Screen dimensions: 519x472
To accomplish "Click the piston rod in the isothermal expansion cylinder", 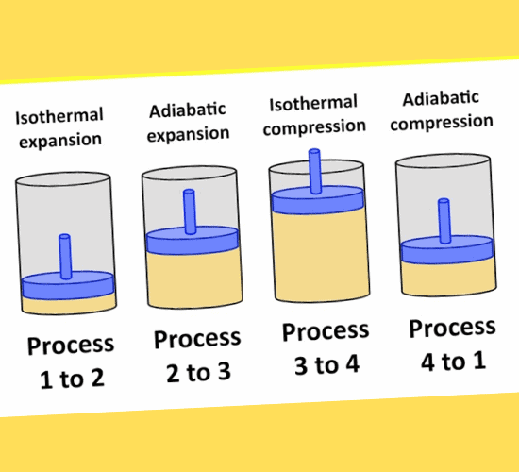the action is [x=65, y=257].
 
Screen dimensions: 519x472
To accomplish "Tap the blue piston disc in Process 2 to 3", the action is [x=193, y=241].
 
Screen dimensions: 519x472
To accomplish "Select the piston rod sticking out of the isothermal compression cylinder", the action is [x=314, y=171].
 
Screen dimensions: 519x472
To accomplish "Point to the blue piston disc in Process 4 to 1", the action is [x=447, y=250].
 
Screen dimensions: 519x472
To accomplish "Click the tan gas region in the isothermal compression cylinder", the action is [x=321, y=255].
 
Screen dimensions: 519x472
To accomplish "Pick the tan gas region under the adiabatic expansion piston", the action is [x=194, y=278].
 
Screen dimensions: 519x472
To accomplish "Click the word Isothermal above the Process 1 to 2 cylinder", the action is [x=59, y=116].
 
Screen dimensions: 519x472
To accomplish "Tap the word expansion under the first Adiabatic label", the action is [x=188, y=134].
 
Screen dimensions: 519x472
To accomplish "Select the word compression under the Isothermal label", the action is [x=314, y=126].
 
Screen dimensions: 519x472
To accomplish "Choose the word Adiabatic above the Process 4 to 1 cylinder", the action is [x=441, y=98].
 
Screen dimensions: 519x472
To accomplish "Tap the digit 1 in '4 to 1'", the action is [x=479, y=361].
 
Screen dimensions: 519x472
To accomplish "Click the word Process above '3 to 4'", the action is [x=326, y=331].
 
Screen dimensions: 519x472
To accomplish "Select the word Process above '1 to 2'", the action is [x=71, y=346].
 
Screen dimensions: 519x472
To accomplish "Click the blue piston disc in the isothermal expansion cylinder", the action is [x=68, y=285].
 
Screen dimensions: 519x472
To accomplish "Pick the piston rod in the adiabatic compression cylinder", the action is [x=444, y=221].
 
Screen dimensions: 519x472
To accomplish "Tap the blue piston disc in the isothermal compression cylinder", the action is [x=317, y=200].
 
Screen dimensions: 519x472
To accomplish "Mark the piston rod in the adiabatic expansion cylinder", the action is [x=190, y=211].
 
